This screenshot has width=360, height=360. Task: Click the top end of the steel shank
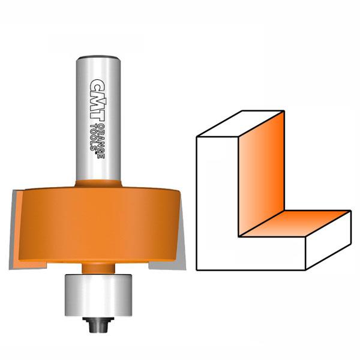pos(99,58)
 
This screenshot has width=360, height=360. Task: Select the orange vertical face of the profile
pos(261,171)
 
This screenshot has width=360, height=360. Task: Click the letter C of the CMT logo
pos(97,81)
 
